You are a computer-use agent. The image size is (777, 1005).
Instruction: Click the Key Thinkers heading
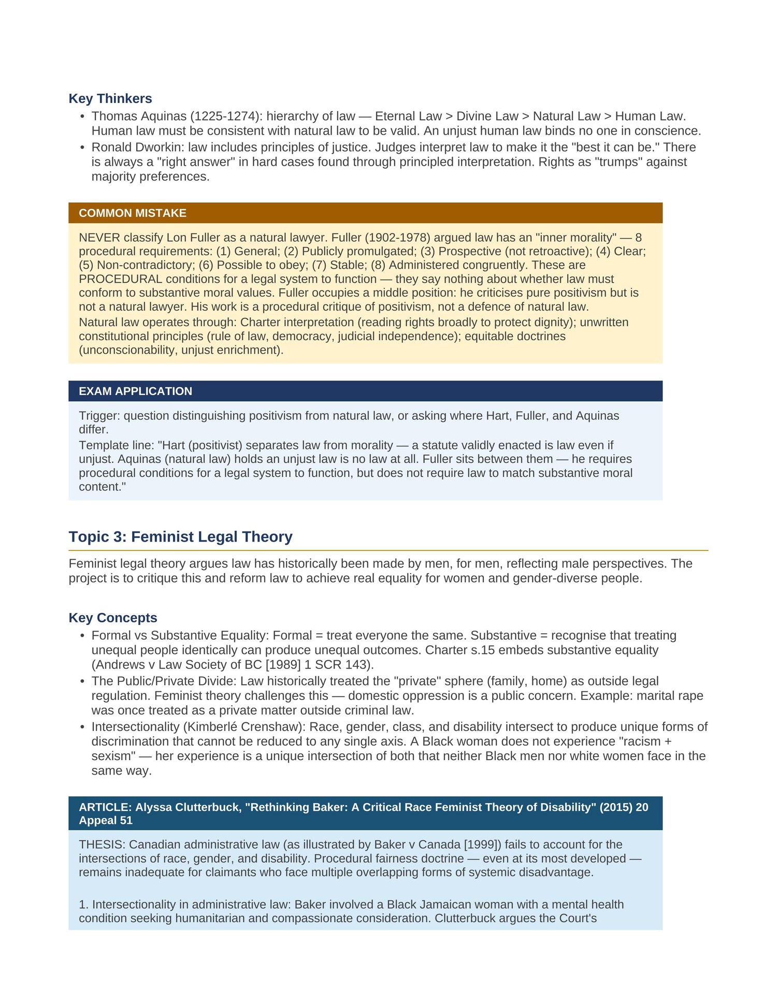[x=110, y=98]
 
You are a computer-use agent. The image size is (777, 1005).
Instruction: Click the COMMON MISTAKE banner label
[x=133, y=213]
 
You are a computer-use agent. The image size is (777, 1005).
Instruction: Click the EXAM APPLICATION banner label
[x=135, y=391]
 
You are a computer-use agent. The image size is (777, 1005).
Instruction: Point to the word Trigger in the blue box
[x=97, y=416]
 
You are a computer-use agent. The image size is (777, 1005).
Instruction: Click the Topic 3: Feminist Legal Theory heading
[x=180, y=537]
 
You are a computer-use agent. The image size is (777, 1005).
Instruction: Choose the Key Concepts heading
[x=113, y=618]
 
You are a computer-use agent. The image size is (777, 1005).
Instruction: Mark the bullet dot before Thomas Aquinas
[x=82, y=117]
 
